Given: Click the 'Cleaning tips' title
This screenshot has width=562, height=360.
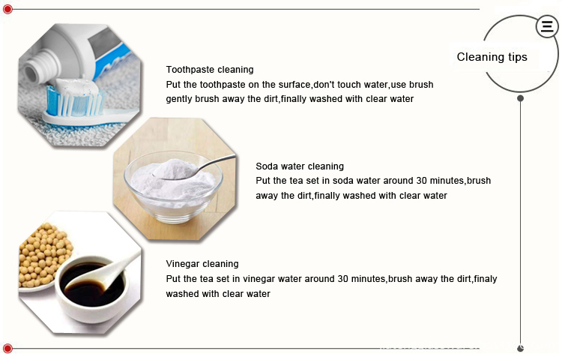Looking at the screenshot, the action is pos(492,57).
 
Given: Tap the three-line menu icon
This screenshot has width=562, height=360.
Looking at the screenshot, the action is pos(547,26).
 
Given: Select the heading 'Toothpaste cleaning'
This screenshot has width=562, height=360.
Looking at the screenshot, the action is pos(210,70).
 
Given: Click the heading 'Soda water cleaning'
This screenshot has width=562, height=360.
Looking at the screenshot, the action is pos(300,166).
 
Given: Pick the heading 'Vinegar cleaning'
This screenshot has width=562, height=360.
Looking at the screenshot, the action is pos(202,264).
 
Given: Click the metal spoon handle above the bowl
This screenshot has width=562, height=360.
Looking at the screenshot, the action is pos(215,163).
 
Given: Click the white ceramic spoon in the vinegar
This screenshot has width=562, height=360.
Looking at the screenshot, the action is pos(104,271).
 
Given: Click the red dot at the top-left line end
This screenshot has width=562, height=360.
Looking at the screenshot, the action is pos(7,9).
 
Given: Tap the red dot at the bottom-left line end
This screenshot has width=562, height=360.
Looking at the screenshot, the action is pos(7,348).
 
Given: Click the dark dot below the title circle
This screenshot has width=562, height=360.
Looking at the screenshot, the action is pos(521,98).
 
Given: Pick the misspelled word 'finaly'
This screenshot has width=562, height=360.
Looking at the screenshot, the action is pos(486,279).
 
